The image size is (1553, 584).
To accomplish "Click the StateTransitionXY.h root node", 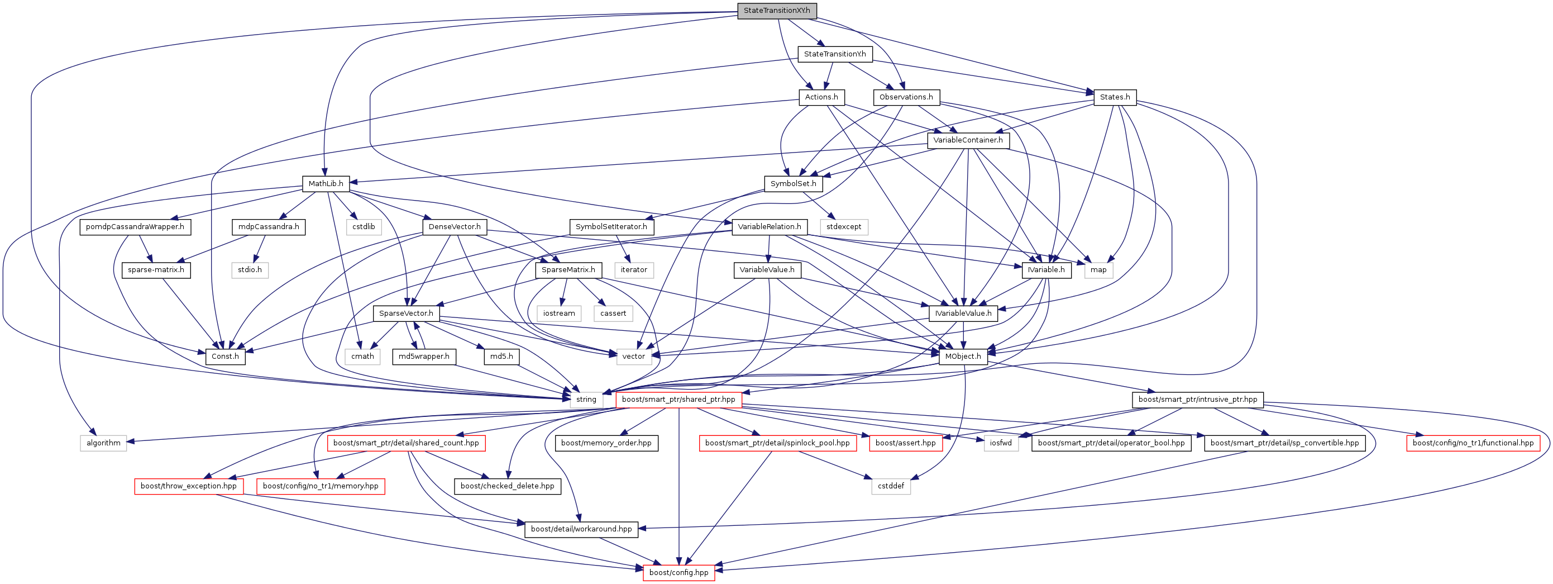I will click(x=776, y=11).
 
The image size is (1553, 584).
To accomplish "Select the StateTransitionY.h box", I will click(x=834, y=54).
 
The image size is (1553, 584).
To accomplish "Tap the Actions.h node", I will click(x=821, y=97).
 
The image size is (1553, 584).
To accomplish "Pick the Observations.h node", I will click(x=906, y=97).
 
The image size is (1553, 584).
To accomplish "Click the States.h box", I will click(x=1114, y=97).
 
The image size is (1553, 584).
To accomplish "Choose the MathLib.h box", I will click(x=326, y=183).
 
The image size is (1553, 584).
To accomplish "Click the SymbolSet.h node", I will click(x=793, y=183).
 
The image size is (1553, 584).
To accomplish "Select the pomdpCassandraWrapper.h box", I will click(x=135, y=227).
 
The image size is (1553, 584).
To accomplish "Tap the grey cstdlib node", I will click(x=364, y=227).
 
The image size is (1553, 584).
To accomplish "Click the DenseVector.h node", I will click(x=455, y=227).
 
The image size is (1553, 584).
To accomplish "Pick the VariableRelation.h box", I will click(x=770, y=227).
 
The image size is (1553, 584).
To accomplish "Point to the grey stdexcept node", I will click(x=843, y=227).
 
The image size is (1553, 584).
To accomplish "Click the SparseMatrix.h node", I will click(x=568, y=270).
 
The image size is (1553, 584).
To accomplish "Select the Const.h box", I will click(x=225, y=357).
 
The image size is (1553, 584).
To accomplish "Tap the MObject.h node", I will click(x=963, y=357).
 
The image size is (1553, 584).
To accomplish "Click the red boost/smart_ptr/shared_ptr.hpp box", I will click(x=678, y=400).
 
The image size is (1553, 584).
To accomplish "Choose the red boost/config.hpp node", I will click(x=678, y=572).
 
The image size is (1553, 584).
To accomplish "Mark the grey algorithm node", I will click(x=103, y=443).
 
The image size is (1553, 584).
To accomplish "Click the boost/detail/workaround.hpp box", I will click(x=581, y=529).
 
